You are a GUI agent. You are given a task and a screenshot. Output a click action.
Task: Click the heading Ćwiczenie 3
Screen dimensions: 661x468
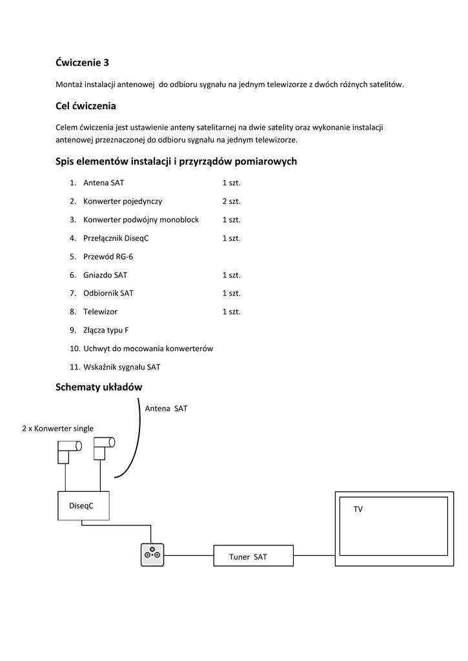click(x=82, y=63)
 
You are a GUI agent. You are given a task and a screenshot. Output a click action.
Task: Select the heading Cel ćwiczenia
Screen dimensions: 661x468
click(x=85, y=105)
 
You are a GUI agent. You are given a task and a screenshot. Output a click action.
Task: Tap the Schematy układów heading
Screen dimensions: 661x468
click(x=99, y=387)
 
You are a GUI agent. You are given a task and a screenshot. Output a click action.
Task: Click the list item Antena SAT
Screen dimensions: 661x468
click(x=103, y=183)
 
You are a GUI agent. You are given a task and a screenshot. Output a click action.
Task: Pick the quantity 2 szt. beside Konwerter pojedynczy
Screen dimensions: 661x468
click(x=231, y=201)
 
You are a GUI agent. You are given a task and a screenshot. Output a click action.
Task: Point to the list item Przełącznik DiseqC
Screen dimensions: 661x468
click(x=116, y=238)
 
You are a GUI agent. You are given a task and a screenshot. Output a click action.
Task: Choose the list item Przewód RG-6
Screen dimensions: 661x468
click(x=108, y=256)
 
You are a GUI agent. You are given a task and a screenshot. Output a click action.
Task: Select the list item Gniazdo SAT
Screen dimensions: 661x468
click(x=105, y=275)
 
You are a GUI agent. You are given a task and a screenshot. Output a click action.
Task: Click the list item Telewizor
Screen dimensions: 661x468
click(x=100, y=312)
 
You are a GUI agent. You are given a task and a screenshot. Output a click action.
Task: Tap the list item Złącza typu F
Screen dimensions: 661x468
click(x=106, y=330)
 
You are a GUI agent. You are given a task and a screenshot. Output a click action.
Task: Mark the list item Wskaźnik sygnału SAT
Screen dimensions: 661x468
click(x=121, y=367)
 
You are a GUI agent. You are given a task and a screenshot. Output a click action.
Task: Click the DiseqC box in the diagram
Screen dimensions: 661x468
click(x=83, y=505)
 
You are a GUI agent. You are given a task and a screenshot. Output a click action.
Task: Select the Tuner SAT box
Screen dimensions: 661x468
click(x=253, y=556)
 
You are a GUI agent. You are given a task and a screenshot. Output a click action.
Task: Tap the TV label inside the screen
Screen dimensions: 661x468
click(x=358, y=509)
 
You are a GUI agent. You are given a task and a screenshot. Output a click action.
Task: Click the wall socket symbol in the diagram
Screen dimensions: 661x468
click(x=153, y=554)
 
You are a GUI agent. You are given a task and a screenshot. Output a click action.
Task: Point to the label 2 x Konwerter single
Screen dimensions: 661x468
click(x=57, y=428)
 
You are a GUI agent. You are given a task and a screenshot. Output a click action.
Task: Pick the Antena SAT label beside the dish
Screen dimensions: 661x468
click(x=166, y=409)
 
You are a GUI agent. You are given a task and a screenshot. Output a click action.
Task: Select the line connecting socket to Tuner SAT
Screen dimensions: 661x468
click(x=189, y=555)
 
